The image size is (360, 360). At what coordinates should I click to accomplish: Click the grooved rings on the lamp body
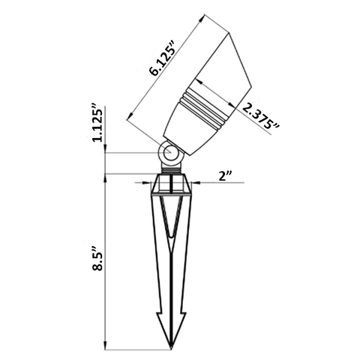(208, 104)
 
